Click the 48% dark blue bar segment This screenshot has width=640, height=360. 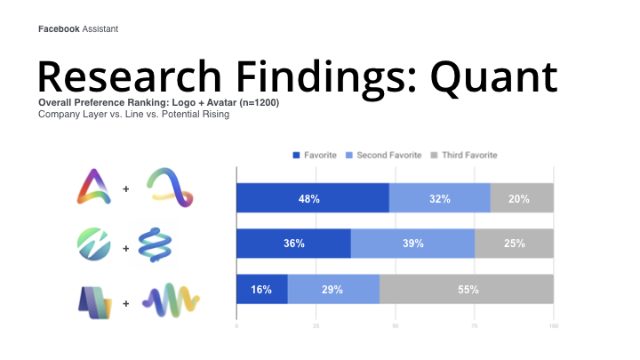tap(313, 198)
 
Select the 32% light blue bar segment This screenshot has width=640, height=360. tap(440, 198)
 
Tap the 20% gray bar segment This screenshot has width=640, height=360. tap(522, 198)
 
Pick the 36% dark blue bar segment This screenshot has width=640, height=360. tap(294, 244)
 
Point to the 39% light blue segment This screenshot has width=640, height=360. tap(413, 244)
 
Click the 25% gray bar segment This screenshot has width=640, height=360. tap(515, 244)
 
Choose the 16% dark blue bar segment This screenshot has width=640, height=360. tap(262, 289)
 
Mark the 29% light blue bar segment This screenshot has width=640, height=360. tap(333, 289)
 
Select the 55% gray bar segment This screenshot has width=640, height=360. tap(467, 289)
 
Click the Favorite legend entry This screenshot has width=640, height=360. tap(315, 155)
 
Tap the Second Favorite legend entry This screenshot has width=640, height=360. tap(384, 155)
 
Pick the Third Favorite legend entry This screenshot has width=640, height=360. tap(464, 155)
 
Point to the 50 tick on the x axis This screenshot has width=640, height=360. tap(395, 325)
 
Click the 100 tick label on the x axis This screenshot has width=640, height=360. tap(554, 325)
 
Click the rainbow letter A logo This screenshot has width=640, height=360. tap(94, 187)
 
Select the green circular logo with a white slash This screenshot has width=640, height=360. tap(94, 244)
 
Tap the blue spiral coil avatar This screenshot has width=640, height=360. tap(155, 244)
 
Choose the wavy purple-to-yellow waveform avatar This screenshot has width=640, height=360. tap(171, 300)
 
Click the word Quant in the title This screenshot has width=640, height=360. tap(494, 77)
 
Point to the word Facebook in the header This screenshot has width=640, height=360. tap(59, 29)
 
